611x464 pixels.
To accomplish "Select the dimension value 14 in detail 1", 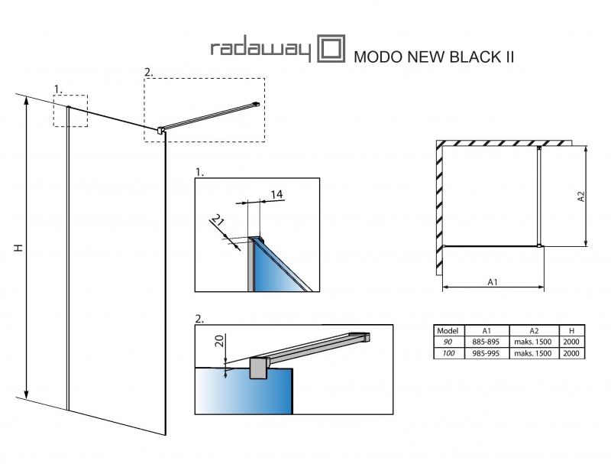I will pos(276,195).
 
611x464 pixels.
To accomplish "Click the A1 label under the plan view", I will pos(493,282).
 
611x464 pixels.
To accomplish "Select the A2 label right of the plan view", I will pos(581,196).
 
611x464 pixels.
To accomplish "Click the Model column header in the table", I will pos(446,331).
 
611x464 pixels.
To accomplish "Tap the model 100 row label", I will pos(446,353).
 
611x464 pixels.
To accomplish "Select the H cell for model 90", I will pos(572,342).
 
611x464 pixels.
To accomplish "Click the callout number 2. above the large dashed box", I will pos(148,72).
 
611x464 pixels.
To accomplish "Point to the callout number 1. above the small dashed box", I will pos(58,89).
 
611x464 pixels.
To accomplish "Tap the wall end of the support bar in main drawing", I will pos(256,104).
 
